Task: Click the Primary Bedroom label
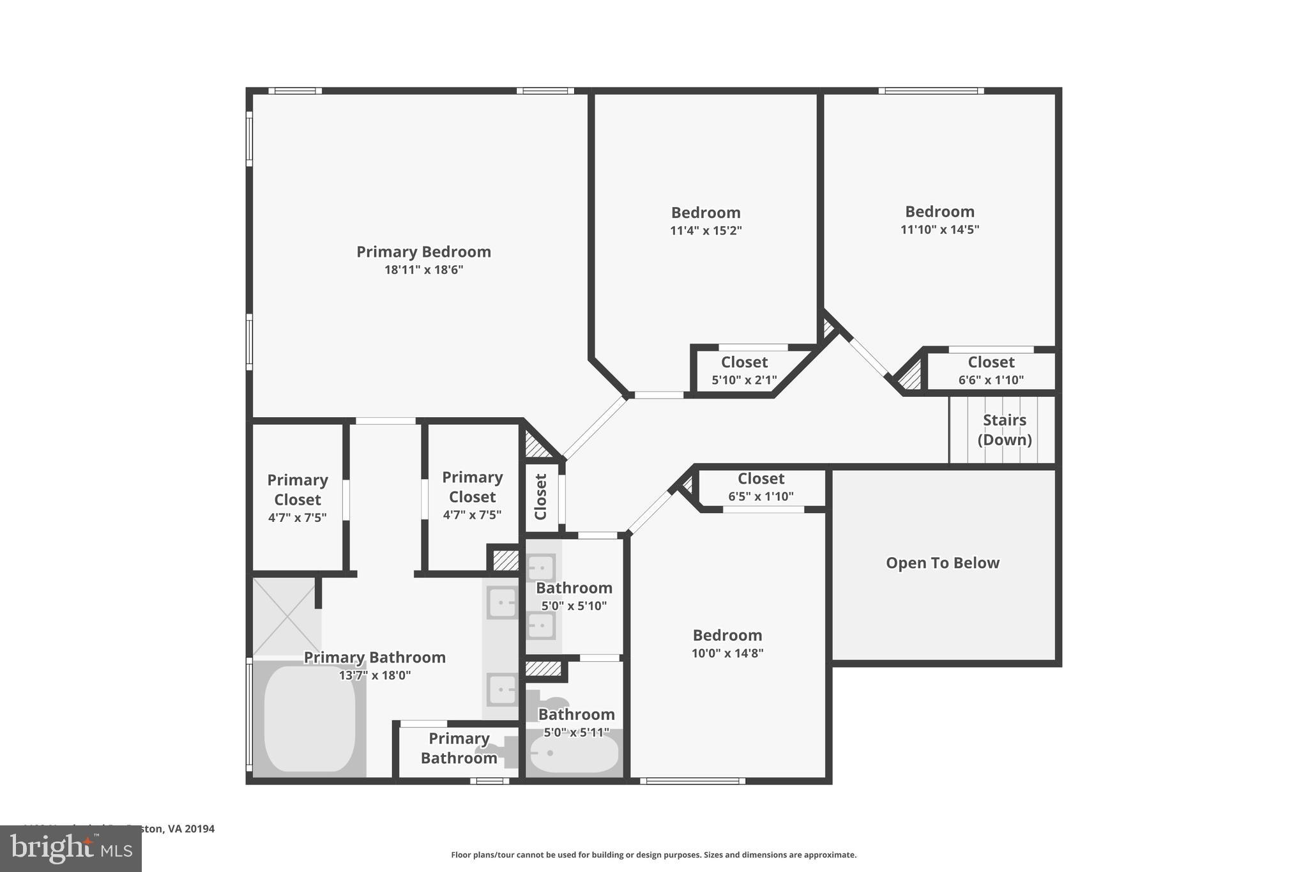click(x=423, y=252)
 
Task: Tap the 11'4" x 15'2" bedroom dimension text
click(x=706, y=231)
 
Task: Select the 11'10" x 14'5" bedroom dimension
click(x=939, y=229)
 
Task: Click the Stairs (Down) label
click(x=1004, y=430)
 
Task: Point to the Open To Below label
click(x=942, y=563)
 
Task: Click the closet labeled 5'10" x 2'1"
click(x=744, y=371)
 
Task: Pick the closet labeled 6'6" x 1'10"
click(x=991, y=371)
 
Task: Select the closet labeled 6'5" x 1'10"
click(x=761, y=487)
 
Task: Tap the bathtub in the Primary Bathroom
click(x=310, y=719)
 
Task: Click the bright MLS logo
click(x=71, y=848)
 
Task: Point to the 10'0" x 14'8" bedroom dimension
click(x=727, y=653)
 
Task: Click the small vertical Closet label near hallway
click(x=541, y=496)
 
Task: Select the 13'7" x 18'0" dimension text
click(x=375, y=675)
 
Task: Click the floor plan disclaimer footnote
click(x=653, y=855)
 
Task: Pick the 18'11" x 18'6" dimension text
click(x=423, y=270)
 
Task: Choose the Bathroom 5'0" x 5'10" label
click(x=574, y=588)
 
